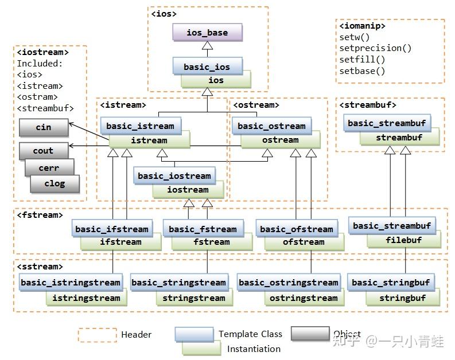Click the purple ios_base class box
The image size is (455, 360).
207,32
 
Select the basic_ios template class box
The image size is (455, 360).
207,66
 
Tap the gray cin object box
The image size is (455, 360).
44,127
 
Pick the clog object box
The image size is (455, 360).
55,184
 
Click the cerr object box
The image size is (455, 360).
49,167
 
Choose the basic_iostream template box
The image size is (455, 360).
174,175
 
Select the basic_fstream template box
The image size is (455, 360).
203,229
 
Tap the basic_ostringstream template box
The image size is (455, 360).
289,282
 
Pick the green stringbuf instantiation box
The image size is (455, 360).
403,299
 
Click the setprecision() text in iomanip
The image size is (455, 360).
375,48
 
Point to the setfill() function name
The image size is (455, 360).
362,60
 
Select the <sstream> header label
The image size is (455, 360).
40,267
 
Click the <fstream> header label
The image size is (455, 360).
40,215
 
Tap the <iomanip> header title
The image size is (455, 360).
362,26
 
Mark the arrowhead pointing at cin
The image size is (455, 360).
71,124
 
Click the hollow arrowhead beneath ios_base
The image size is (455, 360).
207,45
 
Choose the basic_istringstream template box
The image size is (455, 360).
71,282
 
